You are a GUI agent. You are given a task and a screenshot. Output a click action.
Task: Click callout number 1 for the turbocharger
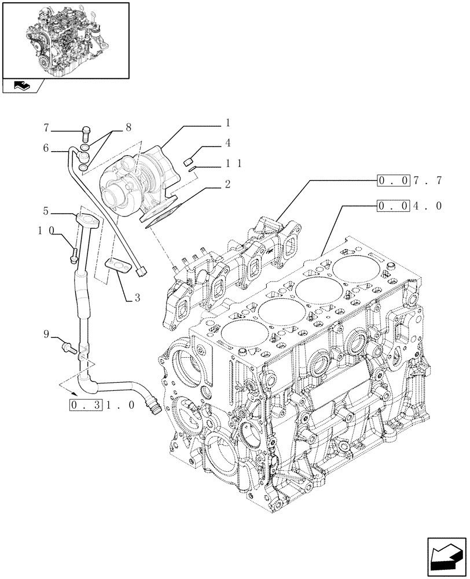coord(228,123)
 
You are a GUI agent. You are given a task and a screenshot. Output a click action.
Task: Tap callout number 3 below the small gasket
coord(137,298)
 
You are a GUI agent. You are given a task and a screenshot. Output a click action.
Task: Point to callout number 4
coord(228,142)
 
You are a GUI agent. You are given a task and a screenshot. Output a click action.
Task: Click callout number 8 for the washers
coord(128,126)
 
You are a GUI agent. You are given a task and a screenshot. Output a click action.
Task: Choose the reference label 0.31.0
coord(102,405)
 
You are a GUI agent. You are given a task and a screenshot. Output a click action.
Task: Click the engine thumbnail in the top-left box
coord(65,41)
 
